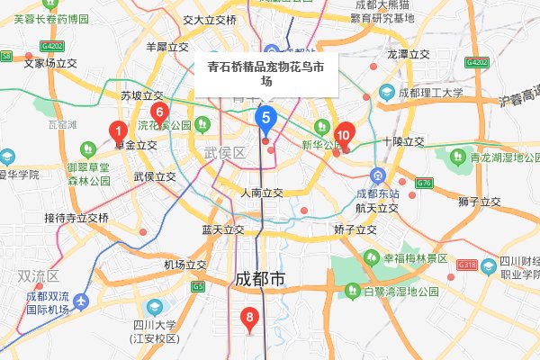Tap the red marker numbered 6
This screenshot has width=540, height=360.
pyautogui.click(x=158, y=114)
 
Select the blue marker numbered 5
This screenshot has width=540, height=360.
pyautogui.click(x=265, y=116)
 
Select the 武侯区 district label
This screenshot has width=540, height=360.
pyautogui.click(x=225, y=154)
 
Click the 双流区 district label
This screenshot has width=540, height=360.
pyautogui.click(x=38, y=275)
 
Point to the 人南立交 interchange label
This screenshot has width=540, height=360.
pyautogui.click(x=262, y=193)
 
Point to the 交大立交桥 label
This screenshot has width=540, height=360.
pyautogui.click(x=209, y=19)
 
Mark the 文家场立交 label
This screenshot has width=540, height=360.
pyautogui.click(x=52, y=63)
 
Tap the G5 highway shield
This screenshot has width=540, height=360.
pyautogui.click(x=197, y=286)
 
